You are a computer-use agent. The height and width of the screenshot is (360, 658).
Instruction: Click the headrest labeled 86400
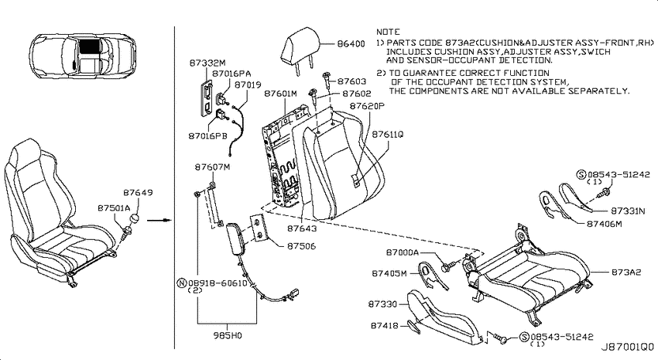coord(300,50)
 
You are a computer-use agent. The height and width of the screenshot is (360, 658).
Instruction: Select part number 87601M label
coord(280,94)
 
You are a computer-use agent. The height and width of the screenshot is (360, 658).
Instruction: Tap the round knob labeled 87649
coord(135,219)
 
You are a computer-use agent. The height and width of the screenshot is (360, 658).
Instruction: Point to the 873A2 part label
coord(626,273)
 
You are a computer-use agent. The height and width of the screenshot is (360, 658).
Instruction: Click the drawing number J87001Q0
coord(628,348)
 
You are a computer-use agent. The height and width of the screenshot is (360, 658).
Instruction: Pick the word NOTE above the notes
coord(388,32)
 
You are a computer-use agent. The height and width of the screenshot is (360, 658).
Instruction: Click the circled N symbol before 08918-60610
coord(182,283)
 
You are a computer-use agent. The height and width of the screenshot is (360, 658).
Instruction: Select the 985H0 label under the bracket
coord(227,336)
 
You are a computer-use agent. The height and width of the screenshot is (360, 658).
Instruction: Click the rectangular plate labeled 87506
coord(258,228)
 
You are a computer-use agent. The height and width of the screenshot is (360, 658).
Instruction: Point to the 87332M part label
coord(207,63)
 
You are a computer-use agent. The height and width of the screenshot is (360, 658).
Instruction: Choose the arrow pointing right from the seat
coord(159,220)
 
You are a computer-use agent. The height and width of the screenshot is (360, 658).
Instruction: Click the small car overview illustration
coord(84,57)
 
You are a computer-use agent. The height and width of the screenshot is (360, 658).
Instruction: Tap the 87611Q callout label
coord(387,134)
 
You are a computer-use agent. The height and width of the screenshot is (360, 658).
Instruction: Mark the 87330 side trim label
coord(382,303)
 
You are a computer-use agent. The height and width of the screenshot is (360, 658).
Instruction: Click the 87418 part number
coord(385,325)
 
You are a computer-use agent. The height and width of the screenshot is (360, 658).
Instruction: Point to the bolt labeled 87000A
coord(447,266)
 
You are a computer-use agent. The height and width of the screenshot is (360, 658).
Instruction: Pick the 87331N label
coord(628,211)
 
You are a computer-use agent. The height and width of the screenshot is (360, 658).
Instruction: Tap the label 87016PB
coord(207,136)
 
